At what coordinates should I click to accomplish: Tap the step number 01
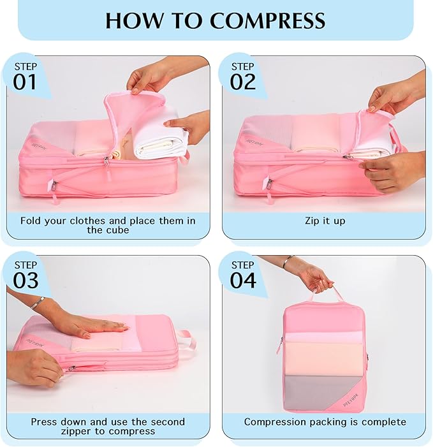coord(25,82)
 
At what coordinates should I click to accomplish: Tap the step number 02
coord(242,82)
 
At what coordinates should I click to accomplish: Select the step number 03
coord(26,280)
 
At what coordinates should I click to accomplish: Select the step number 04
coord(243,280)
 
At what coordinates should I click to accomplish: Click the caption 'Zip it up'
coord(325,221)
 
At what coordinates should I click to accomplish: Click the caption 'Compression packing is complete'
coord(325,421)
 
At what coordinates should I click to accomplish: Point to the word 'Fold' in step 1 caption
coord(33,221)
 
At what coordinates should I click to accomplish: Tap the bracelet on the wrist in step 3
coord(39,302)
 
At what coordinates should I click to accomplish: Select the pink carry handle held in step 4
coord(325,294)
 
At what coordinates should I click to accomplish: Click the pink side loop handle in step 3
coord(185,339)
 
